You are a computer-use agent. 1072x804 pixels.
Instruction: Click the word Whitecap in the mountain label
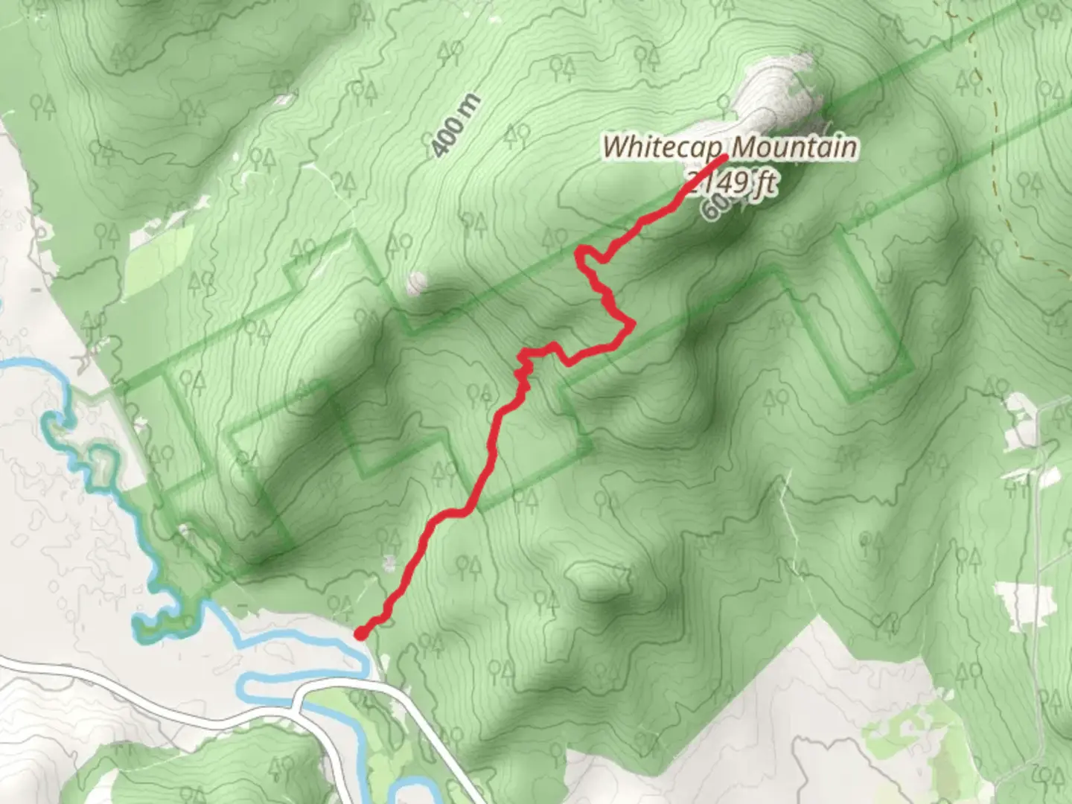coord(663,146)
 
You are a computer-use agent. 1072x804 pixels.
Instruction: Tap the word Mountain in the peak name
coord(794,147)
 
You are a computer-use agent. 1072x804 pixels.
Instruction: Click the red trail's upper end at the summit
coord(724,158)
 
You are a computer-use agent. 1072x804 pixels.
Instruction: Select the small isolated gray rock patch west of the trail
coord(416,282)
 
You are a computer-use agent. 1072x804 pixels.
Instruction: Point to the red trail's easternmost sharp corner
coord(632,324)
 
